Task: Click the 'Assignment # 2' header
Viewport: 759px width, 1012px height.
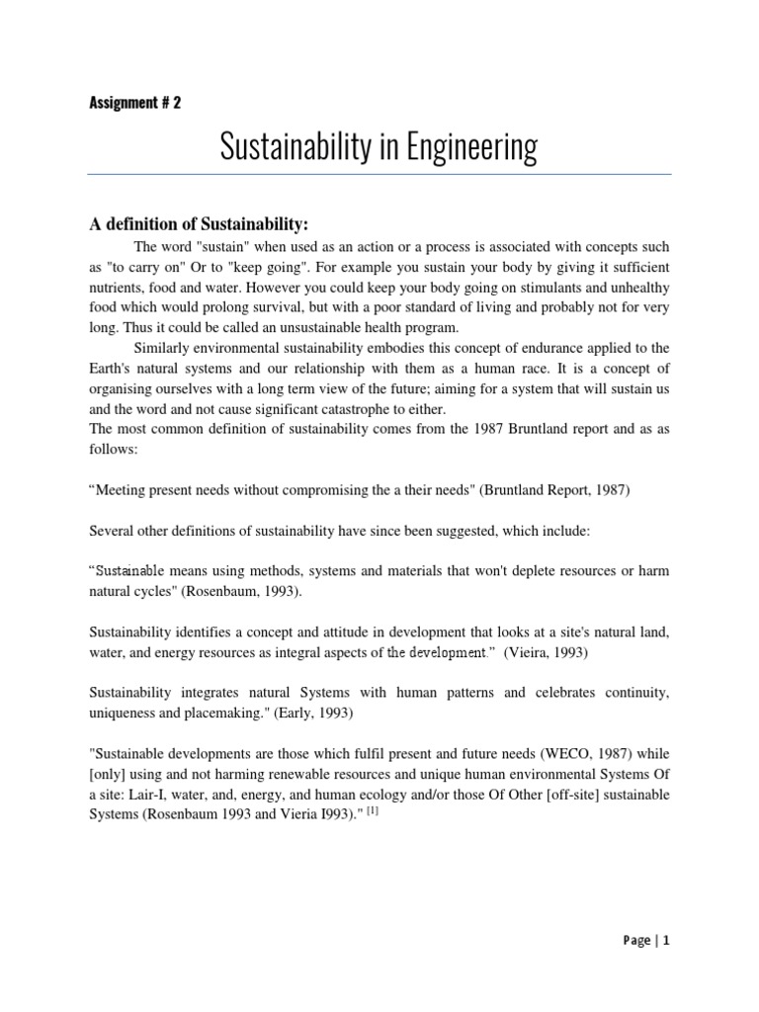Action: [134, 103]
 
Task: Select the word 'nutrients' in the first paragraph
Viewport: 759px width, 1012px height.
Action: [119, 287]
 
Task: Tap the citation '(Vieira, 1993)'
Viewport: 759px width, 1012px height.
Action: [552, 653]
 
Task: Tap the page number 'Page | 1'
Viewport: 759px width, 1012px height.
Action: [647, 941]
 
